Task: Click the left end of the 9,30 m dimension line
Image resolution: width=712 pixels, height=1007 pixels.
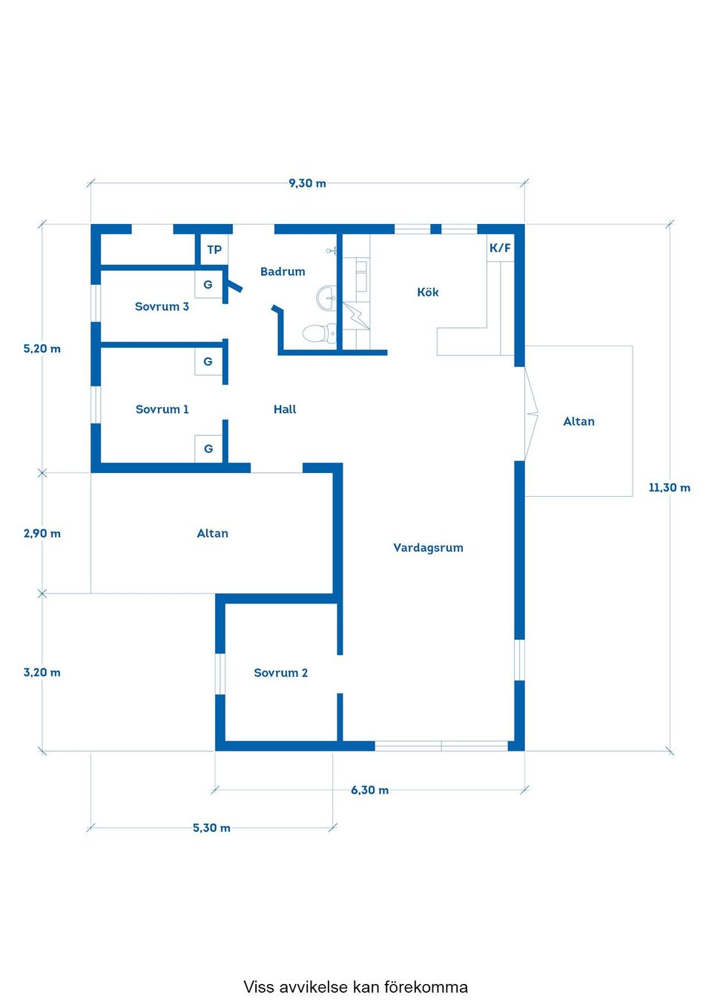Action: click(91, 183)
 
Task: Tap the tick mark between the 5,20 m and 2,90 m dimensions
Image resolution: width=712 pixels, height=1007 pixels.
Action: click(42, 472)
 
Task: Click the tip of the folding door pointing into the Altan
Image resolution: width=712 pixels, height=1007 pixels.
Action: click(538, 414)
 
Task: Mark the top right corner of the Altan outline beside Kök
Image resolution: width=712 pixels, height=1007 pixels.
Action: click(633, 346)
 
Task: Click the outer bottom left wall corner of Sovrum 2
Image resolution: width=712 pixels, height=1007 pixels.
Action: click(215, 750)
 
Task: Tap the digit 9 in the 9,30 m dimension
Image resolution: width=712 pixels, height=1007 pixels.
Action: click(291, 183)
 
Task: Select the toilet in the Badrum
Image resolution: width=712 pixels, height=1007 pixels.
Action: click(319, 334)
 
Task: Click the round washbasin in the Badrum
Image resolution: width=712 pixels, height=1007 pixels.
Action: click(326, 297)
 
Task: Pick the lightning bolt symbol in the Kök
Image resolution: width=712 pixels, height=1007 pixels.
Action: click(356, 315)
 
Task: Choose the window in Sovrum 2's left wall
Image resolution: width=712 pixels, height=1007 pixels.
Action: click(220, 673)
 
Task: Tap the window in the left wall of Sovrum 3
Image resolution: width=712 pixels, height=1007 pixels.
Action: click(95, 303)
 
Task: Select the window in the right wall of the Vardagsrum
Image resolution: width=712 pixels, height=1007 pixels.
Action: click(519, 659)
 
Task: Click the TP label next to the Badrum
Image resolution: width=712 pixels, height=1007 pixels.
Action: click(214, 249)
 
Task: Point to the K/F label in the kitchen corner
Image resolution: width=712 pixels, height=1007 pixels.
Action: click(500, 248)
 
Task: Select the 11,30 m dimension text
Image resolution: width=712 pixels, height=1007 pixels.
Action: click(669, 487)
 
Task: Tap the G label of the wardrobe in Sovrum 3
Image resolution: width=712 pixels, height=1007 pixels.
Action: click(208, 285)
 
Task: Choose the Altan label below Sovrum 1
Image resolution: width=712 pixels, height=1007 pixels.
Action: click(213, 533)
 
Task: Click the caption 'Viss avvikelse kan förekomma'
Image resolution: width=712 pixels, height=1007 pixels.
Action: click(355, 987)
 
